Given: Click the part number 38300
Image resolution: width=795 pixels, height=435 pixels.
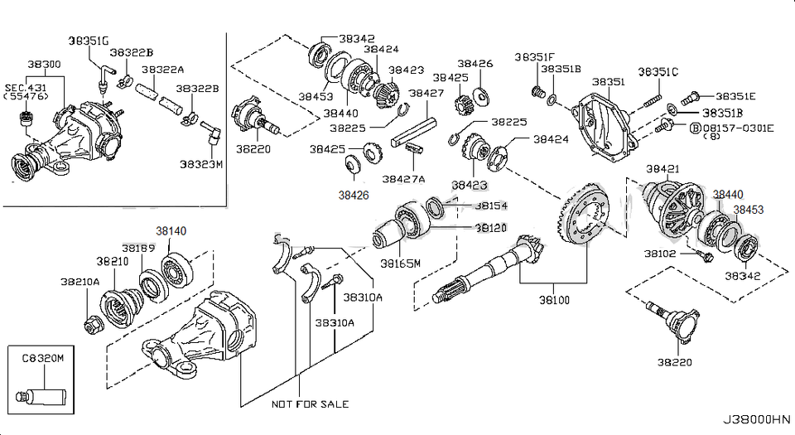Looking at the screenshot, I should (x=43, y=64).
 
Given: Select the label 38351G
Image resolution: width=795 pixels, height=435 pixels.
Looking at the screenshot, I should (x=88, y=40).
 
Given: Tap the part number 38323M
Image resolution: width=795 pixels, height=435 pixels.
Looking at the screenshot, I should (x=200, y=164).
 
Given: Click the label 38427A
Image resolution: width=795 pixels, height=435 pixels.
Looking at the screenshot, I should (x=403, y=178).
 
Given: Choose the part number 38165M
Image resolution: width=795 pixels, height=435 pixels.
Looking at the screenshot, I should (x=401, y=264).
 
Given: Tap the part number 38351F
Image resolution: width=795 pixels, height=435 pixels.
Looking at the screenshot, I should (x=534, y=57).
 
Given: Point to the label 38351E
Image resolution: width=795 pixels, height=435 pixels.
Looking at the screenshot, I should (x=735, y=96).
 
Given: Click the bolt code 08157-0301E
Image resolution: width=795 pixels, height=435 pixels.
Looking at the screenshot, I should (x=738, y=128).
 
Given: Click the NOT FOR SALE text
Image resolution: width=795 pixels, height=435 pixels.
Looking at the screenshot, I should (x=309, y=404).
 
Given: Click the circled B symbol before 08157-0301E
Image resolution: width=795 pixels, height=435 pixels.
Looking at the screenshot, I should (x=695, y=128).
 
